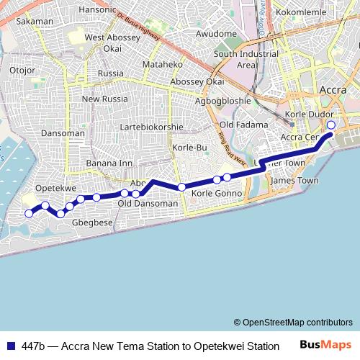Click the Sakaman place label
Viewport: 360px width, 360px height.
35,22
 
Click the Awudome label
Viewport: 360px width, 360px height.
216,34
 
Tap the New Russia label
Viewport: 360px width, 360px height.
104,99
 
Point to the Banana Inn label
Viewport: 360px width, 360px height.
109,163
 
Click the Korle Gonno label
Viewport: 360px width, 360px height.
217,194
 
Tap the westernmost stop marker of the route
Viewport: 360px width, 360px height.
30,213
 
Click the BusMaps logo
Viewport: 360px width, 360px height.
325,346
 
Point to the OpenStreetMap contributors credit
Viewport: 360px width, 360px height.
293,323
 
